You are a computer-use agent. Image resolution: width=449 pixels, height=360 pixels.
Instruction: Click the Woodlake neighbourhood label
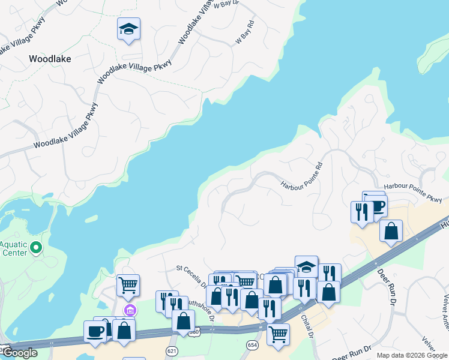[x=50, y=59]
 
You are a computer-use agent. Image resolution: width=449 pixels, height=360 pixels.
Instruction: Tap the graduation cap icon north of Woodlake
[x=128, y=29]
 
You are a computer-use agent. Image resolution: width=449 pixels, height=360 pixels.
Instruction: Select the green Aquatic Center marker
[x=36, y=247]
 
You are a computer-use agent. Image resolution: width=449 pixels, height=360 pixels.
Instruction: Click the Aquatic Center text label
[x=13, y=248]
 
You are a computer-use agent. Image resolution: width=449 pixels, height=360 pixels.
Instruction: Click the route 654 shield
[x=252, y=344]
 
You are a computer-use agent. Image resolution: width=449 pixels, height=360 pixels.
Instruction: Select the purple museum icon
[x=130, y=310]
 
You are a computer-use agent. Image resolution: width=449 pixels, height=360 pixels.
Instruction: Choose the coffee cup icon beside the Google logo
[x=95, y=331]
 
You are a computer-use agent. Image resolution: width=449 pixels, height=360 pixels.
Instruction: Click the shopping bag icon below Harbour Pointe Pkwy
[x=391, y=230]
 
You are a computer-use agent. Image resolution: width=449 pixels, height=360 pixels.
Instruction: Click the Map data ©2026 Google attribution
[x=411, y=355]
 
